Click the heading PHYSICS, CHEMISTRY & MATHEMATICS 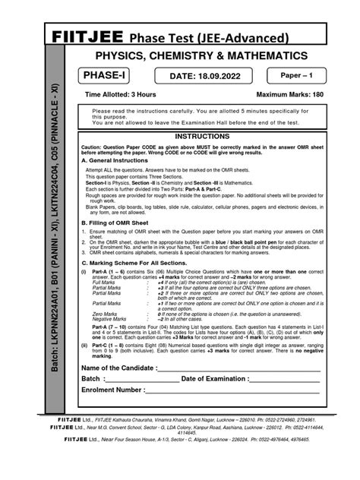[x=201, y=56]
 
